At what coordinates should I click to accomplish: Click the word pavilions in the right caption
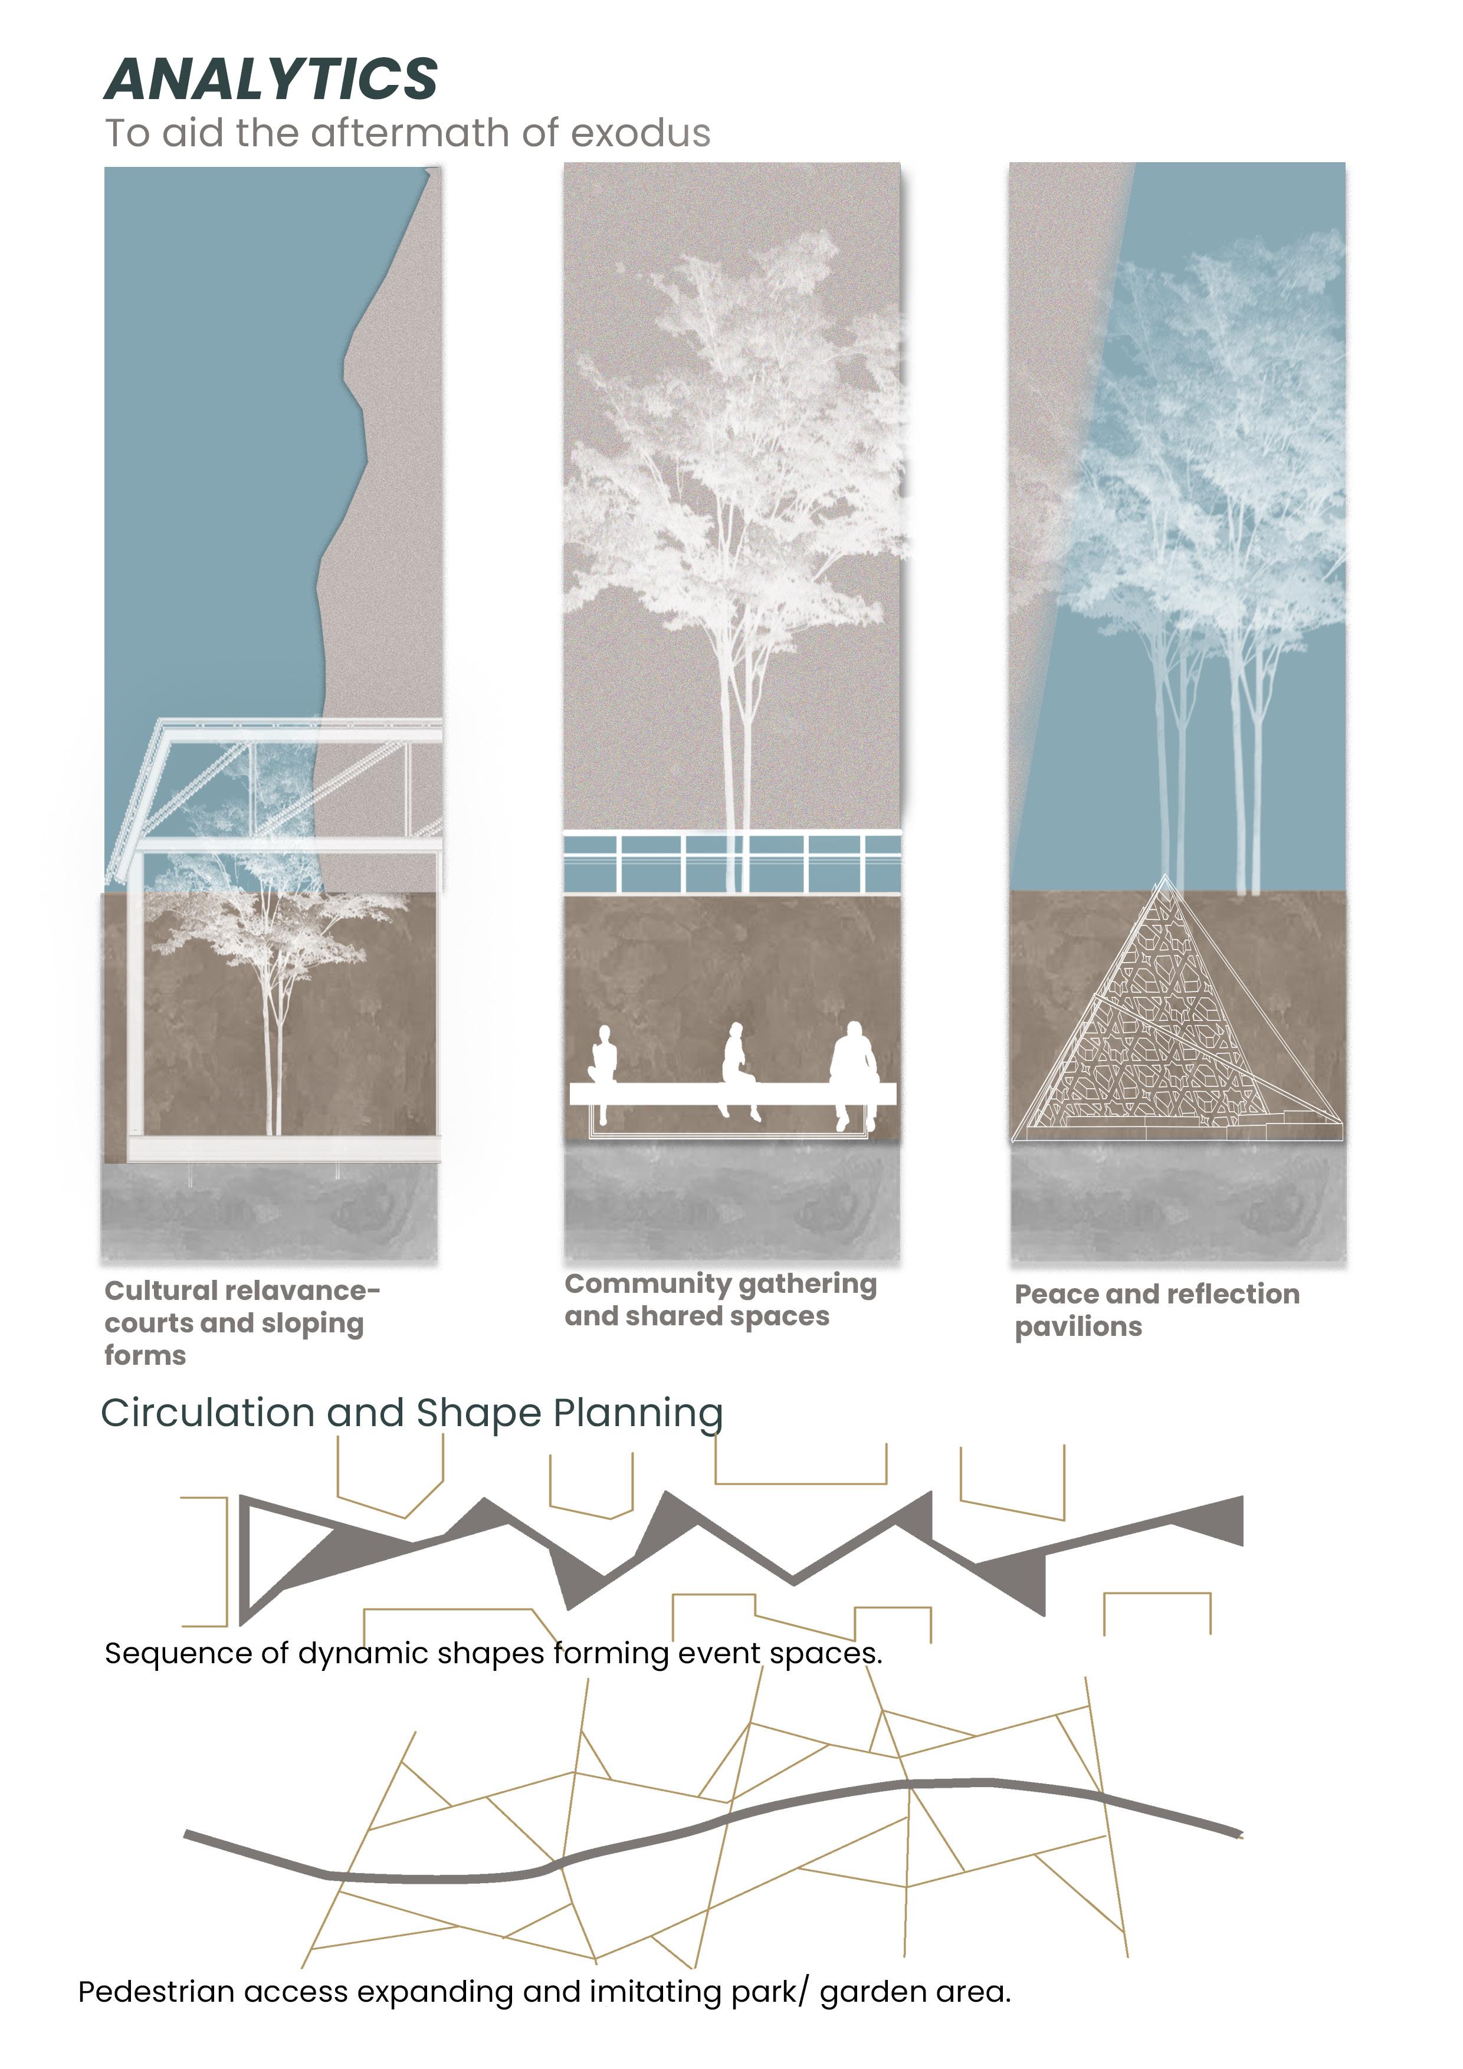[1078, 1328]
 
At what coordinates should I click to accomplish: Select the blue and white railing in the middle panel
[732, 861]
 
